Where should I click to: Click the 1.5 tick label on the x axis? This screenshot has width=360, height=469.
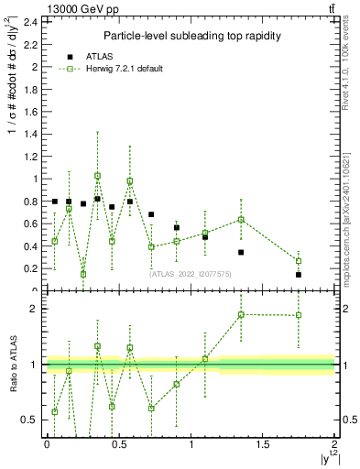click(263, 443)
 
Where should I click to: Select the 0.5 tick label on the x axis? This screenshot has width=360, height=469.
click(119, 443)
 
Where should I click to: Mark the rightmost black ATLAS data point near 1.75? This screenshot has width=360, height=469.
click(299, 275)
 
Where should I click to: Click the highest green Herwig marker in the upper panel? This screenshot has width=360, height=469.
click(97, 176)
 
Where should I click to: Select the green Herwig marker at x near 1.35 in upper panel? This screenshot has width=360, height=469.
click(241, 219)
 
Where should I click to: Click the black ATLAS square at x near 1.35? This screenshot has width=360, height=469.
click(241, 252)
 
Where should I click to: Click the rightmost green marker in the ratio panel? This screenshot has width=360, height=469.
click(299, 315)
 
